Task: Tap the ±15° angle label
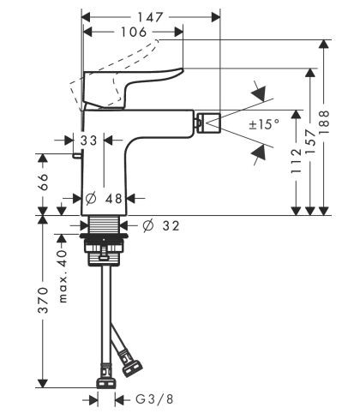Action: [263, 124]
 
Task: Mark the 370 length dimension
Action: [43, 301]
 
